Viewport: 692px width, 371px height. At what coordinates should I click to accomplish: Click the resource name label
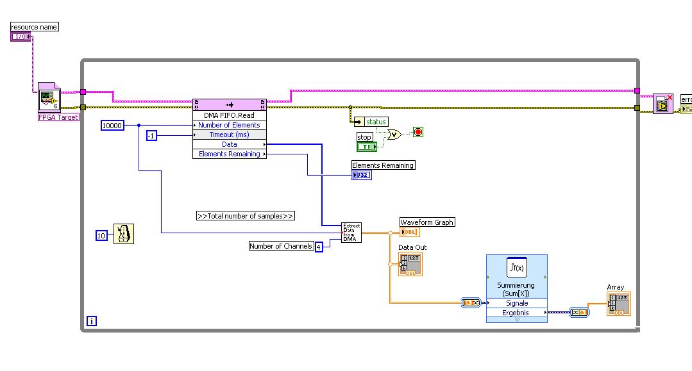coord(35,27)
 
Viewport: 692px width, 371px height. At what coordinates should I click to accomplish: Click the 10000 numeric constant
coord(112,126)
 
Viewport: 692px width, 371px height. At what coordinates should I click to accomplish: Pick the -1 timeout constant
coord(151,135)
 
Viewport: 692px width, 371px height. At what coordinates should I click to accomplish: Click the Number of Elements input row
coord(229,125)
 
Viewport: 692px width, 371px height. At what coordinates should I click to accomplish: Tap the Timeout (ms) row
coord(229,135)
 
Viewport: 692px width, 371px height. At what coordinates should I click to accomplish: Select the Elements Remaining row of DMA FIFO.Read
coord(229,154)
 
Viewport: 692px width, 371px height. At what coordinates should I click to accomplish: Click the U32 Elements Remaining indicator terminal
coord(361,175)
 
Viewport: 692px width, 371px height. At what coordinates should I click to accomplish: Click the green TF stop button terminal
coord(366,147)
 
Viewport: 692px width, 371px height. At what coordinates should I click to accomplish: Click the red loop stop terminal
coord(418,133)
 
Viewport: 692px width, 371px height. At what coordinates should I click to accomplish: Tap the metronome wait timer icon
coord(124,234)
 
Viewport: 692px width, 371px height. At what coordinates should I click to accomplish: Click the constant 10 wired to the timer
coord(101,235)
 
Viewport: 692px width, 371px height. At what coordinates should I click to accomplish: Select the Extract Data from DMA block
coord(351,233)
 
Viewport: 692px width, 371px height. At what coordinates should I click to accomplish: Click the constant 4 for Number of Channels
coord(319,247)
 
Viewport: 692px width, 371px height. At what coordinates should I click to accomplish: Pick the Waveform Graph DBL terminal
coord(410,232)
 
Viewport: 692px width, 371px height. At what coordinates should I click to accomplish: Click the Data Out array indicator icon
coord(410,264)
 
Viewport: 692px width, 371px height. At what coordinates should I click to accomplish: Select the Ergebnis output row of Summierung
coord(516,313)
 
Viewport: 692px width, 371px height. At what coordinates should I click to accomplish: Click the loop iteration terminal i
coord(92,321)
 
